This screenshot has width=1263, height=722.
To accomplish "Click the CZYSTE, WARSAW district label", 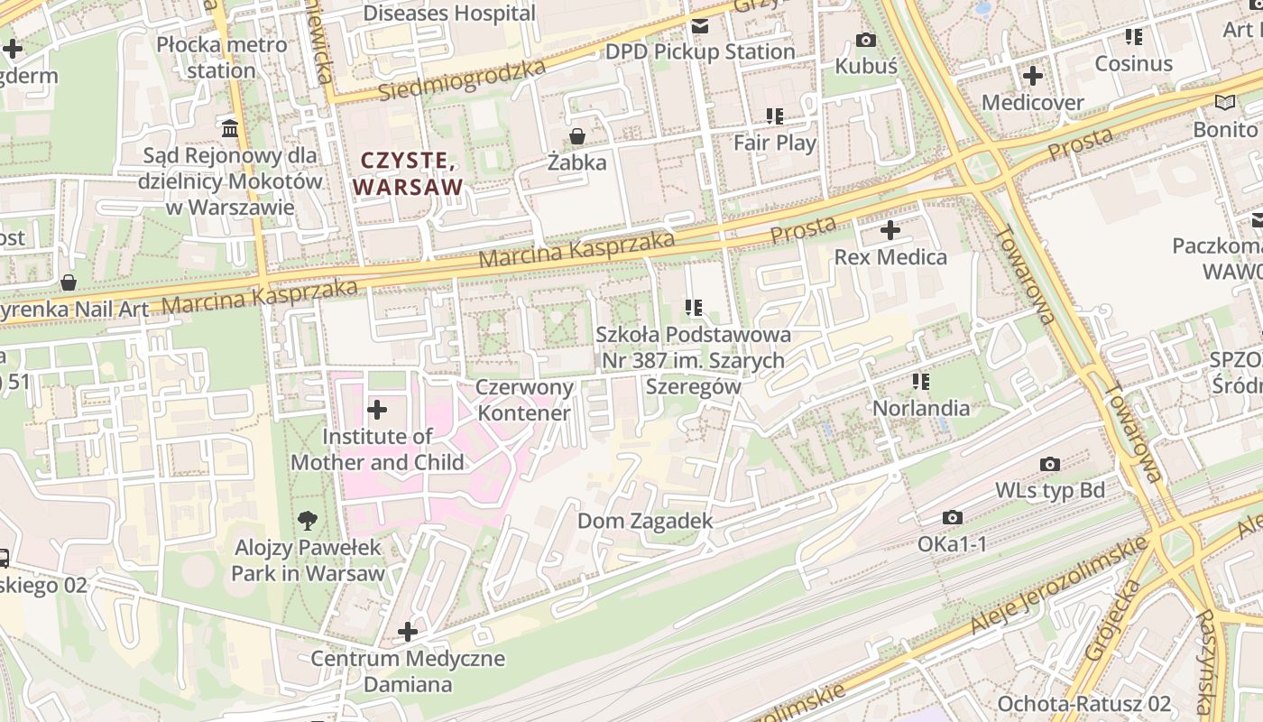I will click(x=408, y=174).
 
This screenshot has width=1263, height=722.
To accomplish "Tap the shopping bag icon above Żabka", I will click(x=576, y=137).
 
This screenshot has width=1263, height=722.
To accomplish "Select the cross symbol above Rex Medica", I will click(x=890, y=230).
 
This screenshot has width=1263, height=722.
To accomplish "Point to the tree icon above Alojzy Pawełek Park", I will click(x=308, y=521).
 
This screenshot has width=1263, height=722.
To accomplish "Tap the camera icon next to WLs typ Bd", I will click(x=1049, y=464).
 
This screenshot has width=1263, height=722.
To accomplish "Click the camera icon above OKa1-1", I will click(x=952, y=517).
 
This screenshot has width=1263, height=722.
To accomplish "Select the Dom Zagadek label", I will click(x=645, y=521).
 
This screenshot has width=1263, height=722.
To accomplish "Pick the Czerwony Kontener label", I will click(x=524, y=401).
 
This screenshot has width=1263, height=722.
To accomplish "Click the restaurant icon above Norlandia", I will click(x=920, y=382).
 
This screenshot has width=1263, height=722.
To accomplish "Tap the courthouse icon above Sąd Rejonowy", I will click(x=230, y=129).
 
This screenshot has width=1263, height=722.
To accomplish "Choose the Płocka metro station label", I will click(x=222, y=57).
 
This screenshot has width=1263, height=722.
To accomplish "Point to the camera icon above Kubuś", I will click(x=865, y=40).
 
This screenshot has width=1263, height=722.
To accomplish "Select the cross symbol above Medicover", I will click(x=1032, y=76).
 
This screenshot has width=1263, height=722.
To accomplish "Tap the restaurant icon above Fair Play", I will click(x=774, y=116).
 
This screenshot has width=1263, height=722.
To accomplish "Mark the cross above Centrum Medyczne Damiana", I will click(x=408, y=632).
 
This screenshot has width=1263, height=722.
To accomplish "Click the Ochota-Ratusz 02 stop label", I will click(x=1083, y=703).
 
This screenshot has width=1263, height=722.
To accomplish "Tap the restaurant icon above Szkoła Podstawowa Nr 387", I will click(x=693, y=308).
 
